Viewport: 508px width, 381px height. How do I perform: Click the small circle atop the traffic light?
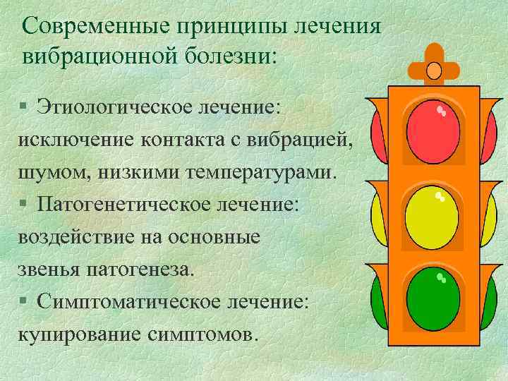click(x=433, y=69)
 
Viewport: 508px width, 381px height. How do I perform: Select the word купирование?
click(x=79, y=334)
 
